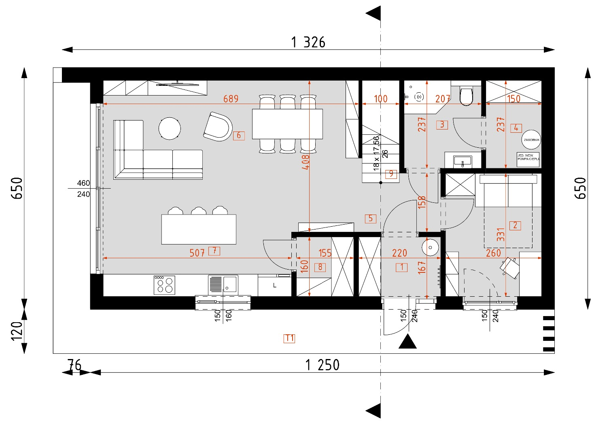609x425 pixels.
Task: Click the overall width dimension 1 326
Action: tap(308, 42)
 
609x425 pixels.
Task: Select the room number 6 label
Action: tap(239, 135)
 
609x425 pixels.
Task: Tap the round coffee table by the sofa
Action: tap(170, 129)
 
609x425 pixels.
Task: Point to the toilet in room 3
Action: tap(467, 96)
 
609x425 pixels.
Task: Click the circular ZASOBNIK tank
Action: tap(531, 140)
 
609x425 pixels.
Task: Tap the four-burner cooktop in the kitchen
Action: tap(164, 285)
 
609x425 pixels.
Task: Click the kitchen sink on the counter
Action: tap(223, 284)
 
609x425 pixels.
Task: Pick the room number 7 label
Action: tap(214, 251)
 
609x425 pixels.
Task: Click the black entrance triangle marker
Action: tap(407, 342)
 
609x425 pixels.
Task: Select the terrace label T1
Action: tap(289, 338)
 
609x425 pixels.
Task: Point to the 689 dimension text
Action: tap(231, 99)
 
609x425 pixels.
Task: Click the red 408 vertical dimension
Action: tap(306, 161)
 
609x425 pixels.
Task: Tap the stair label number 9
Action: tap(391, 174)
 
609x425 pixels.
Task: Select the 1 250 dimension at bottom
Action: tap(323, 365)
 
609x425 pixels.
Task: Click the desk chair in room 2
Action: tap(510, 268)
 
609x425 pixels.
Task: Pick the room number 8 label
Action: tap(320, 267)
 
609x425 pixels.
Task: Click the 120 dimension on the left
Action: tap(17, 331)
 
